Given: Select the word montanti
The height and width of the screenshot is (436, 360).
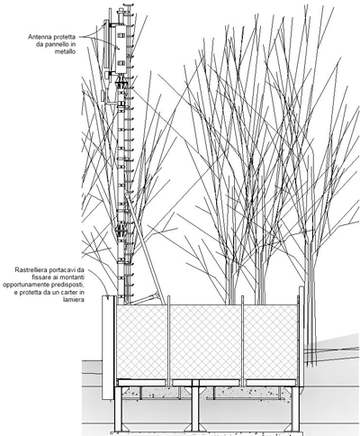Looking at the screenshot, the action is click(x=72, y=277).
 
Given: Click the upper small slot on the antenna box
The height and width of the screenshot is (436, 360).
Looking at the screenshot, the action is click(x=121, y=36).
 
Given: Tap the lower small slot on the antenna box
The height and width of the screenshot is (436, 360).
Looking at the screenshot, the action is click(x=121, y=63).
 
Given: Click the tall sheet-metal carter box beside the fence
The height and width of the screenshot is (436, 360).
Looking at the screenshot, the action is click(x=108, y=348).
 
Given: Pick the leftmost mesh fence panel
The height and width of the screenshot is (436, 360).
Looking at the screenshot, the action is click(x=142, y=342).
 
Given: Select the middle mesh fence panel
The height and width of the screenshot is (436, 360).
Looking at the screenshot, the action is click(x=206, y=342).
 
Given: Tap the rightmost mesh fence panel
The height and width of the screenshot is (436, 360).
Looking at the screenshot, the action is click(x=271, y=342).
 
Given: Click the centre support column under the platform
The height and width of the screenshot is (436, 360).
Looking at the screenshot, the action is click(x=195, y=407).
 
